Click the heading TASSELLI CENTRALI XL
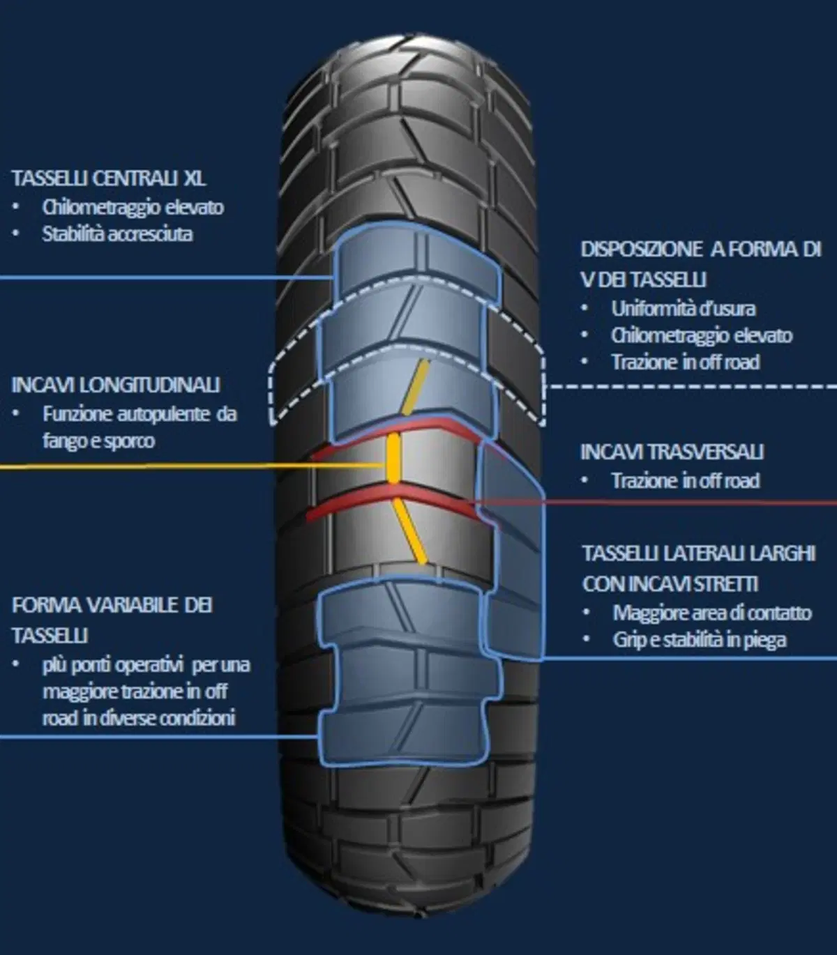tap(109, 178)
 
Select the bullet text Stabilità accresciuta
tap(117, 234)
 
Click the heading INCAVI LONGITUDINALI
tap(116, 385)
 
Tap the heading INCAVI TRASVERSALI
tap(672, 452)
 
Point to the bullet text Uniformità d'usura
tap(684, 309)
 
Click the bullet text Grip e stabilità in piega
tap(700, 639)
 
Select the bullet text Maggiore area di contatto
tap(712, 613)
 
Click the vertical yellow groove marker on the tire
tap(394, 458)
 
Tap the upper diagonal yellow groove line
tap(416, 387)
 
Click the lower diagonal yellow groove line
tap(409, 531)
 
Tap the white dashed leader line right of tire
tap(691, 386)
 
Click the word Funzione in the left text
tap(77, 414)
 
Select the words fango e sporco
tap(98, 441)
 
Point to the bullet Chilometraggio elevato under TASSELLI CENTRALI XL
tap(133, 207)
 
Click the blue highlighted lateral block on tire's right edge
tap(511, 551)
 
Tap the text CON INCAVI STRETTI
tap(670, 583)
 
